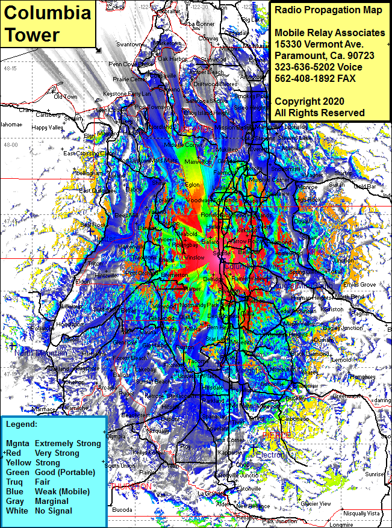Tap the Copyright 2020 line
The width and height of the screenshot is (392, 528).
(x=310, y=101)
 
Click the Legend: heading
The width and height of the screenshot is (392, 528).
(x=22, y=424)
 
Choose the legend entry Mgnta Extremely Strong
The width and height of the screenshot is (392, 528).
(x=54, y=443)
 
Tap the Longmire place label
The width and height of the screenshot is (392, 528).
(x=342, y=524)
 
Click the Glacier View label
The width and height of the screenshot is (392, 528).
(x=316, y=503)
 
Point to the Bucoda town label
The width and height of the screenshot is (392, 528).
(x=122, y=509)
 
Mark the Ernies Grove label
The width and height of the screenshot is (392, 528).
(x=359, y=284)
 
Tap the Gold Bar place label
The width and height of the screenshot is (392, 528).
(x=365, y=187)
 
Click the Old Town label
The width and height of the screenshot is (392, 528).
(x=66, y=96)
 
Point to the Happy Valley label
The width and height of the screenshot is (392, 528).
(x=48, y=128)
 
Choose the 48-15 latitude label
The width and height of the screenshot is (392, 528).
(x=10, y=68)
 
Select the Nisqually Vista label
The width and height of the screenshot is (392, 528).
(x=361, y=513)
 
